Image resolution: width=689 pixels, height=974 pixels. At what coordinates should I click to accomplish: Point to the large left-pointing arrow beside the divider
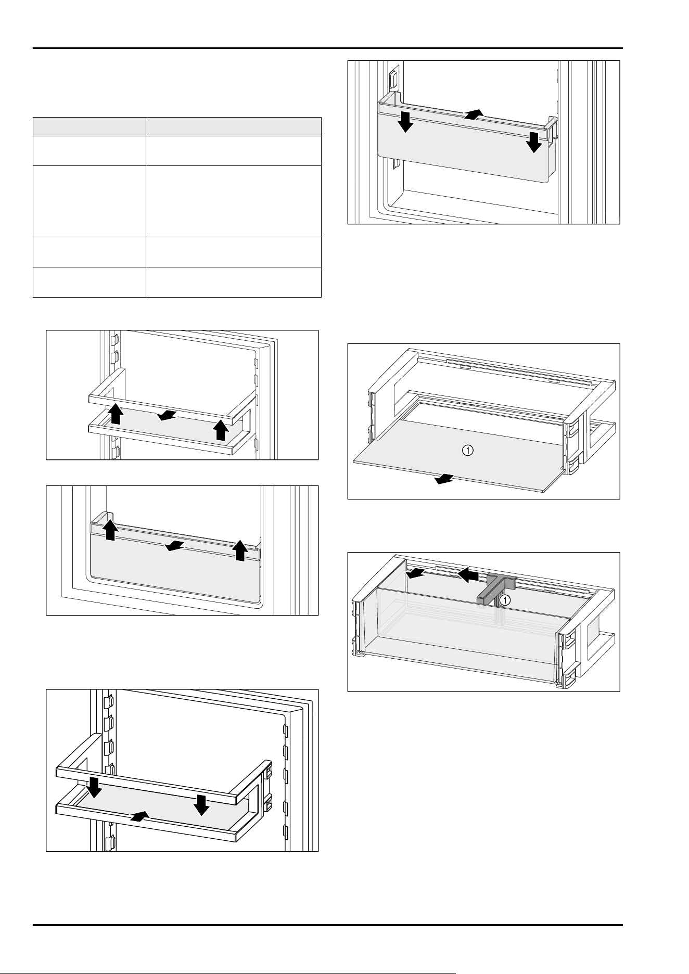468,575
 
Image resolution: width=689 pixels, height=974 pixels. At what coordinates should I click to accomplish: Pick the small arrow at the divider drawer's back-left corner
416,573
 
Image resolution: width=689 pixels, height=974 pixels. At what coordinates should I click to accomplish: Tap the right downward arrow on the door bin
533,143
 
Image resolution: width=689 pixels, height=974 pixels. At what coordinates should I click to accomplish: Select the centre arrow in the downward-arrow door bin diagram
474,114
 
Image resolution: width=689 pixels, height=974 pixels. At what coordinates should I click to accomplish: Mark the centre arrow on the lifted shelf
168,415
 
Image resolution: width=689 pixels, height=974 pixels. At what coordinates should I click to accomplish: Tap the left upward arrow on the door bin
110,530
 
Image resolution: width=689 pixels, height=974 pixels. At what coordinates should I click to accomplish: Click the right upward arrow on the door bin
239,550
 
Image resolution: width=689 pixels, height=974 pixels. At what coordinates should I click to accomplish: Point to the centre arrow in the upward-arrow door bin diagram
174,546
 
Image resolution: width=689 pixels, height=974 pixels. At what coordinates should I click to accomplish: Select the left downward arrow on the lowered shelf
95,788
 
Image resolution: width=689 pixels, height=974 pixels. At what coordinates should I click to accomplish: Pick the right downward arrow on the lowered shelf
201,806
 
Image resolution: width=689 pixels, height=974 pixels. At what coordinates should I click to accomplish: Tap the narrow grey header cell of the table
89,127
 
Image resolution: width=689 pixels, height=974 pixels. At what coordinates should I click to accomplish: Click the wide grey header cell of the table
233,127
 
